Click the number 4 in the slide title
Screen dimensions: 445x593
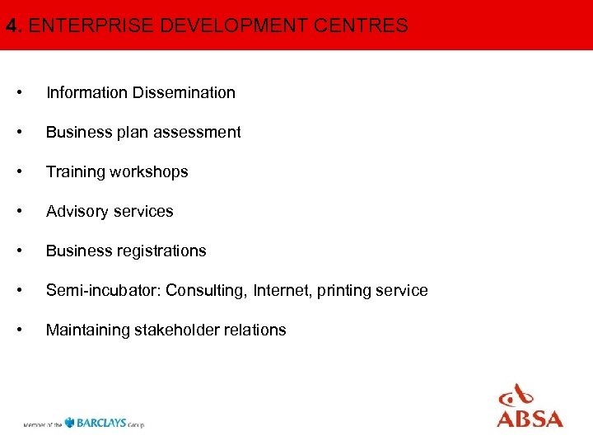(11, 26)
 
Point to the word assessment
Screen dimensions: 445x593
(200, 132)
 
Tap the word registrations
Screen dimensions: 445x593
(161, 251)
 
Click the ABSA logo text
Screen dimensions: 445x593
(530, 418)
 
